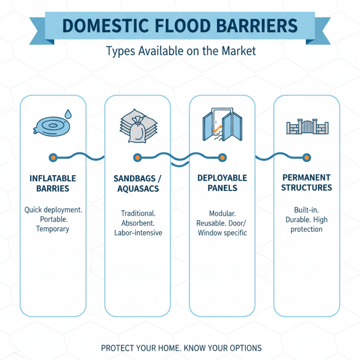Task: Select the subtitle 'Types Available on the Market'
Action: coord(180,51)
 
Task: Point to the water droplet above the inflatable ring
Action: coord(67,113)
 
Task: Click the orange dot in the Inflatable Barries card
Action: coord(53,157)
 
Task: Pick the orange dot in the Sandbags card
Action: coord(137,157)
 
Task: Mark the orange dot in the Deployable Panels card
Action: coord(222,157)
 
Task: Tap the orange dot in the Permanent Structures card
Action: coord(306,157)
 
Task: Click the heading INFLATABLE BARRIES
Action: coord(53,183)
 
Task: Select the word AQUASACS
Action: coord(138,189)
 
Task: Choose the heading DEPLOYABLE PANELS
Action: coord(222,183)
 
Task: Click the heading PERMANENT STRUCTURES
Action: coord(306,182)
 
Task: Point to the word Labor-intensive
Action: coord(138,233)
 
